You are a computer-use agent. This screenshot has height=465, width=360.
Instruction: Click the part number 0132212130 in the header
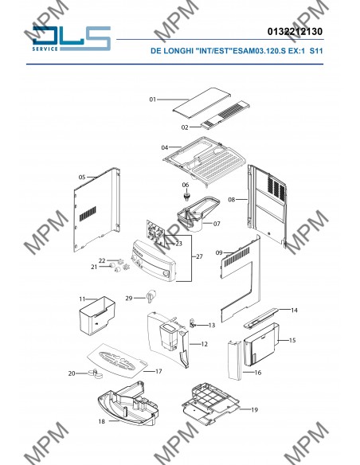pos(295,31)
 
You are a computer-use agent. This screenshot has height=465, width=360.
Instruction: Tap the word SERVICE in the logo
pos(45,49)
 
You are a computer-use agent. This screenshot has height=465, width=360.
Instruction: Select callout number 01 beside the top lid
pos(153,100)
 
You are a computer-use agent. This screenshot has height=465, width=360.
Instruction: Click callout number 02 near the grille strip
pos(185,127)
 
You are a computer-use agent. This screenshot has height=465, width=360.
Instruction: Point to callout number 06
pos(186,185)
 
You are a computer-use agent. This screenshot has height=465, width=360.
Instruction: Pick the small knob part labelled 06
pos(186,197)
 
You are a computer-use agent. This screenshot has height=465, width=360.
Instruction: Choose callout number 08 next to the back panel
pos(231,200)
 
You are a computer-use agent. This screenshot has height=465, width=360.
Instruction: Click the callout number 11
pos(82,299)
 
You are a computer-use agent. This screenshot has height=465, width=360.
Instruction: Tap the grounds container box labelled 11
pos(97,315)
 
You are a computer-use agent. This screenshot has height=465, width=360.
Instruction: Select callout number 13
pos(211,326)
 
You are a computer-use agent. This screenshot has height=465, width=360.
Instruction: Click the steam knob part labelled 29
pos(151,295)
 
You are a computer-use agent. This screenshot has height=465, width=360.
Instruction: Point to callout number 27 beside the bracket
pos(200,256)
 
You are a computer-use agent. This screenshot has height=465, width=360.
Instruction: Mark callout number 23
pos(179,244)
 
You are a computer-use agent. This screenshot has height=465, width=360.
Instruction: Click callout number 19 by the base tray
pos(254,410)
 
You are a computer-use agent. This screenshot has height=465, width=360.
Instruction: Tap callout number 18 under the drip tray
pos(102,421)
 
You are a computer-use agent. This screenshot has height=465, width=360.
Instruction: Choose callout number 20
pos(72,373)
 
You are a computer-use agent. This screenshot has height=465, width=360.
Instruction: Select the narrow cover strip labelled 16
pos(234,360)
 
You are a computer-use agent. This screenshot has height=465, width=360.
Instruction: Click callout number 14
pos(294,311)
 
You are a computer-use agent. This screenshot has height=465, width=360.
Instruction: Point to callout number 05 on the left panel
pos(82,178)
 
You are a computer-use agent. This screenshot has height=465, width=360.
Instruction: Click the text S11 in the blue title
pos(316,51)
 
